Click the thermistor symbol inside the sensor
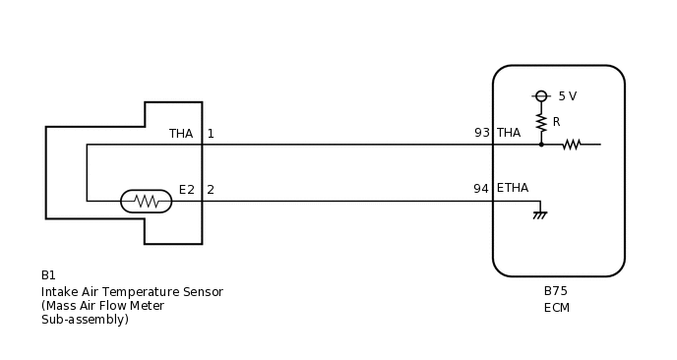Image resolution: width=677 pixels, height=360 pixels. [146, 201]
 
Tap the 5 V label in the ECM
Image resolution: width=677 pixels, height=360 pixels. [567, 96]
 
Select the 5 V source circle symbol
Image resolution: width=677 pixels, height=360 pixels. [541, 95]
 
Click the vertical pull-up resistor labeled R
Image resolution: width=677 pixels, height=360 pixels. [541, 122]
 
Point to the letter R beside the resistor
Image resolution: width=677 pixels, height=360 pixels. [557, 122]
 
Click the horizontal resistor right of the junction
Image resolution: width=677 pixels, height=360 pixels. [572, 145]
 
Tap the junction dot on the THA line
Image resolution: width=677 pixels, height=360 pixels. [541, 145]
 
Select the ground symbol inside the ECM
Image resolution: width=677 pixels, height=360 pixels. [539, 212]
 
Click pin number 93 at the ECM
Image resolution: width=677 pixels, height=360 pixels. [481, 133]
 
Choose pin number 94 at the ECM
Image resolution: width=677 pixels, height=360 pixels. [481, 189]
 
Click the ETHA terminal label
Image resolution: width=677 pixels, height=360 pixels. [513, 189]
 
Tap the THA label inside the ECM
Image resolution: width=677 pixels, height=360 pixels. [509, 133]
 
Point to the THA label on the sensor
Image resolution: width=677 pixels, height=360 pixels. [181, 134]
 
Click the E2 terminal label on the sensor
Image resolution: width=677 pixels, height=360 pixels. [187, 189]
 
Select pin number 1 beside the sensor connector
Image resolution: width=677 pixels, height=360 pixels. [211, 134]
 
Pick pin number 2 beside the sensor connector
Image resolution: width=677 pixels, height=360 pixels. [211, 189]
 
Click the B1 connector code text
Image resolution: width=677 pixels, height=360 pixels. [49, 275]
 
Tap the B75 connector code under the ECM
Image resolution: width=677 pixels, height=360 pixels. [556, 291]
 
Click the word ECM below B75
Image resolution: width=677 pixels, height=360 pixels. [557, 308]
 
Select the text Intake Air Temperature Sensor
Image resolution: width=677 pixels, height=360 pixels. [132, 292]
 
